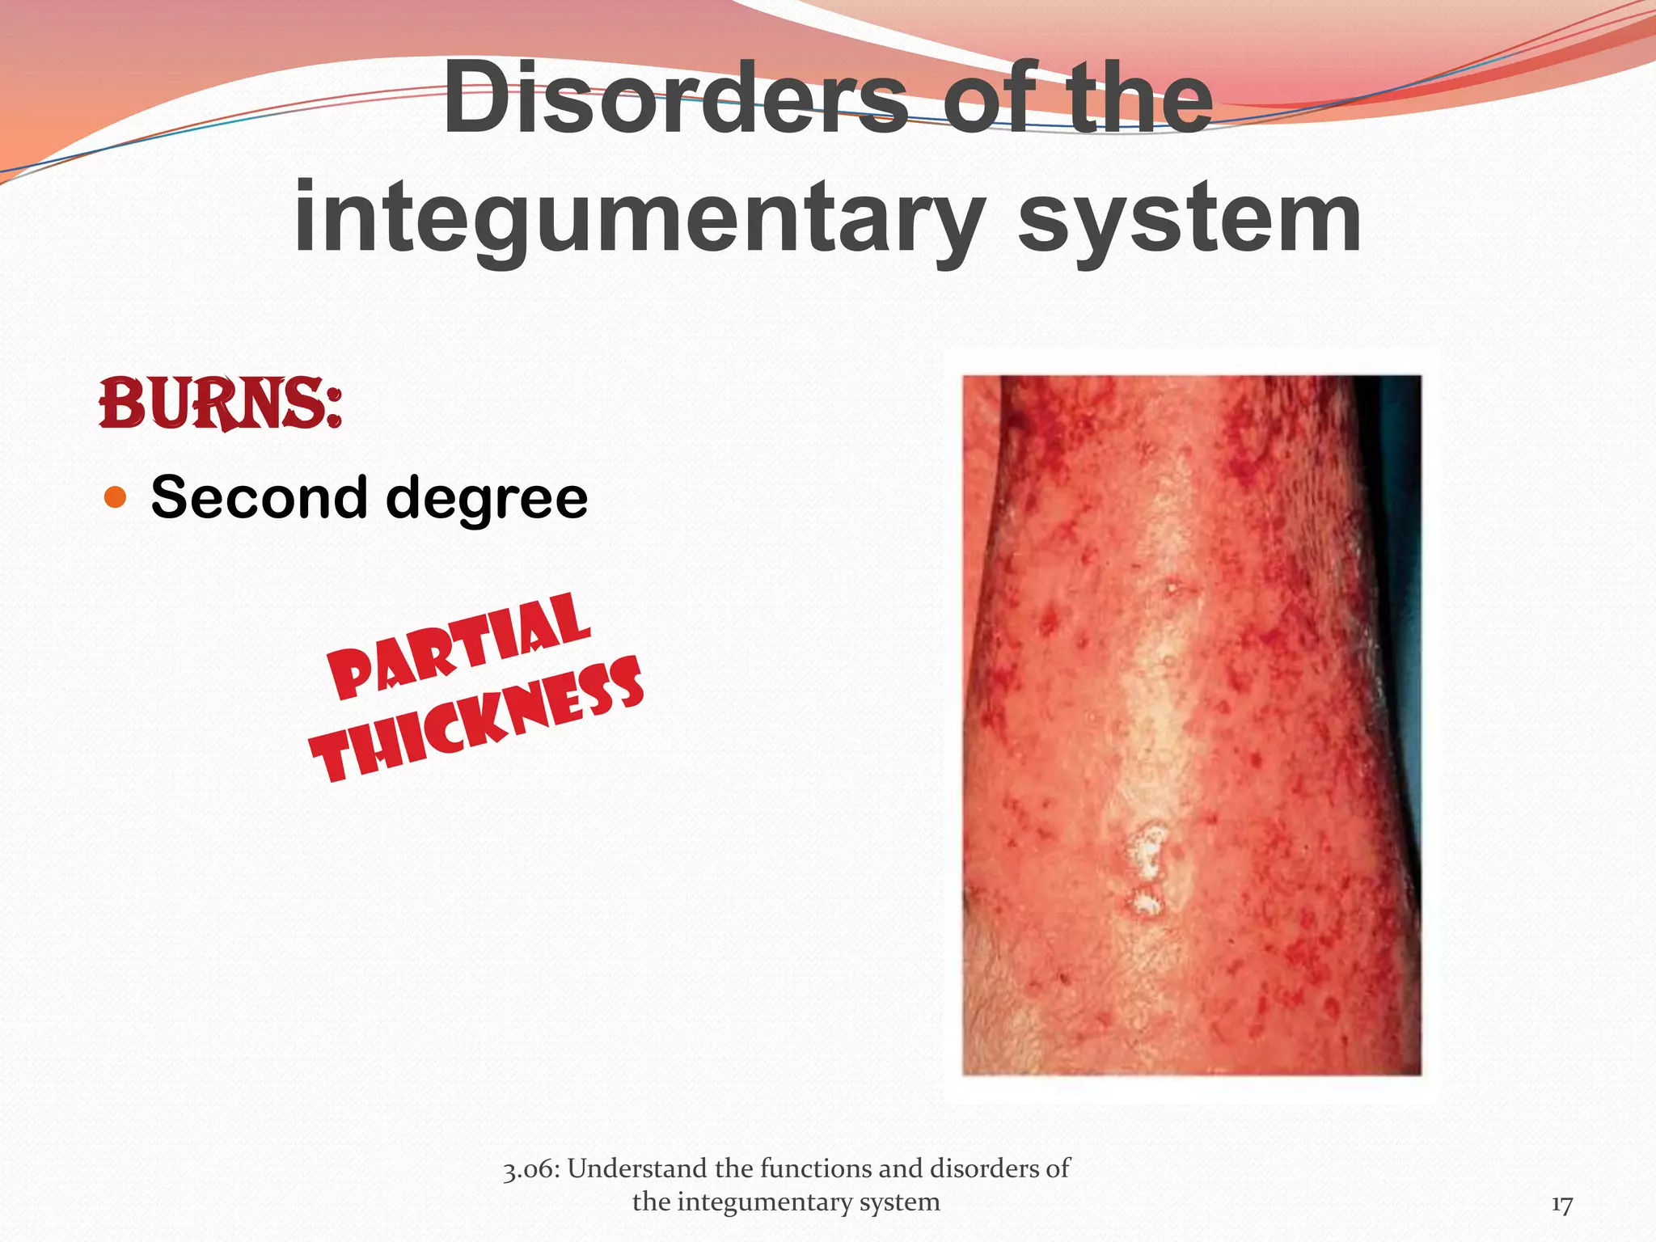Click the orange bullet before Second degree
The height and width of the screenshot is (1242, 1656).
coord(116,497)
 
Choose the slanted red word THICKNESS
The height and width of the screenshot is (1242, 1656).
coord(477,720)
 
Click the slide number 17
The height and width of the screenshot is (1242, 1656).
coord(1561,1206)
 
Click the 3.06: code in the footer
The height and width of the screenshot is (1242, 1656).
coord(530,1169)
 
